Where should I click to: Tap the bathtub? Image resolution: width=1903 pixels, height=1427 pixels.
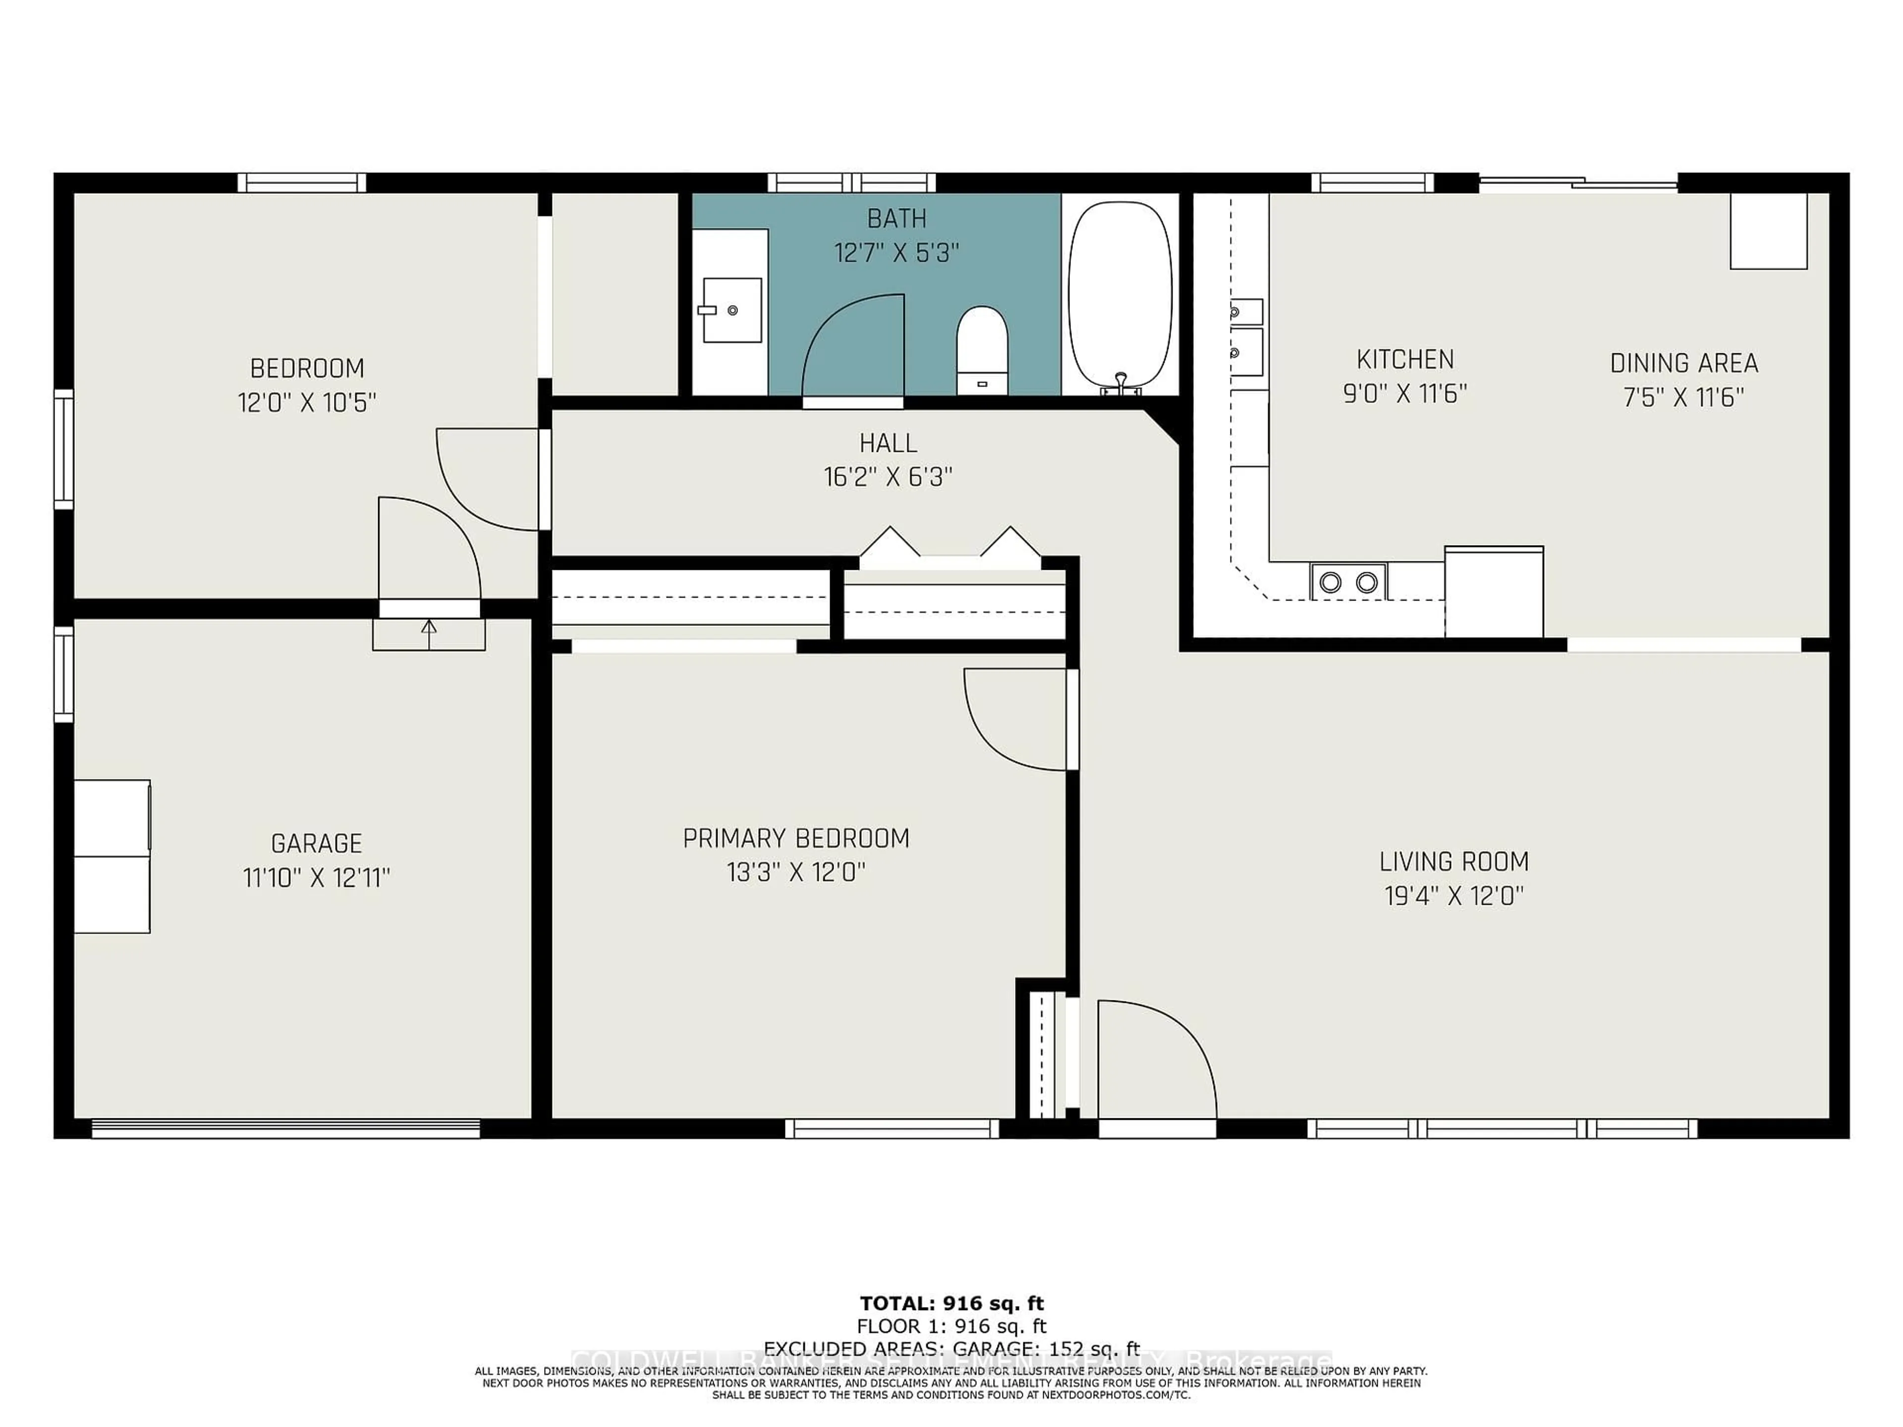point(1119,297)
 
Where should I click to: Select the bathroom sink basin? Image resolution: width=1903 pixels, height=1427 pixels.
point(731,310)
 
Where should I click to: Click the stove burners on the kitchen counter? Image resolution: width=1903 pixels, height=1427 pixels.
point(1348,582)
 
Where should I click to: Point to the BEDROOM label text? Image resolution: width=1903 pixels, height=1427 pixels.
point(307,368)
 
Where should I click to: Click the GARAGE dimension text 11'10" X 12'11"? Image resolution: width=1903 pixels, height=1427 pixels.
point(317,878)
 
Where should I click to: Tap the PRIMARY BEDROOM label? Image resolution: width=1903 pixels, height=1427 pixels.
point(796,838)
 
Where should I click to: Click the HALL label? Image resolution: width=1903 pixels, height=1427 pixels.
point(888,443)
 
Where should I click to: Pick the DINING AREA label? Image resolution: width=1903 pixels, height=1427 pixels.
point(1683,363)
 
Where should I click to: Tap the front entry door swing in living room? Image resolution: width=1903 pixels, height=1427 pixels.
point(1153,1062)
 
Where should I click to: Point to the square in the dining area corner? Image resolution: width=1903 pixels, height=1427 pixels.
point(1768,230)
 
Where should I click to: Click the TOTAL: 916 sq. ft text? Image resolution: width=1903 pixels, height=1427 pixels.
point(951,1303)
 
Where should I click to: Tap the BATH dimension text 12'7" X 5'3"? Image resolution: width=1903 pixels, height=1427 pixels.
point(896,253)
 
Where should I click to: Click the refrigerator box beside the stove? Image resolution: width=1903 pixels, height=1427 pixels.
point(1494,592)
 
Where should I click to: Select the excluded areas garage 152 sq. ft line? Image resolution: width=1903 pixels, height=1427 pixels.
point(951,1348)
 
